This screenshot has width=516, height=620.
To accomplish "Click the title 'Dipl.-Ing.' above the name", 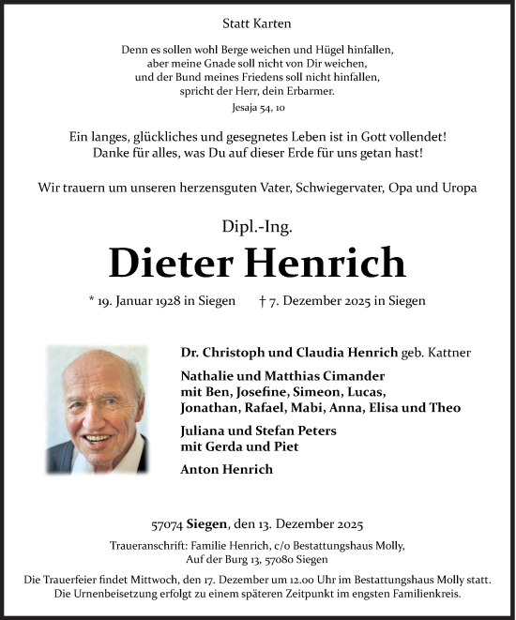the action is [257, 224].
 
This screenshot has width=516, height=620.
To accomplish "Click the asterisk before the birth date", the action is [93, 300].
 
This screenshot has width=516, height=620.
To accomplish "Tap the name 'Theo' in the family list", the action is [446, 408].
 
